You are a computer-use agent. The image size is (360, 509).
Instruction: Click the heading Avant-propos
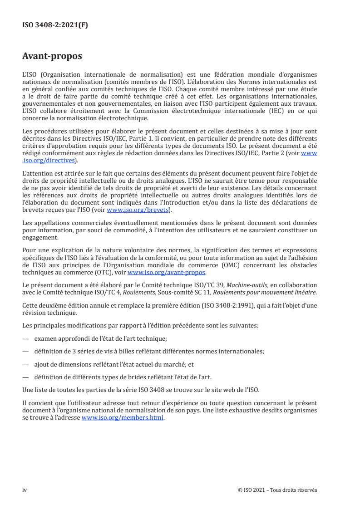pos(52,56)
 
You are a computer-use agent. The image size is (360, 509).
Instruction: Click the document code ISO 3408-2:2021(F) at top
pos(55,25)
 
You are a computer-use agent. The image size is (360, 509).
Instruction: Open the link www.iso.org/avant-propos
pos(167,272)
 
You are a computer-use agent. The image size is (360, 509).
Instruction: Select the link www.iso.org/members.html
pos(122,418)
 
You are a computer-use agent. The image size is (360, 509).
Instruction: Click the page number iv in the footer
pos(25,489)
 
